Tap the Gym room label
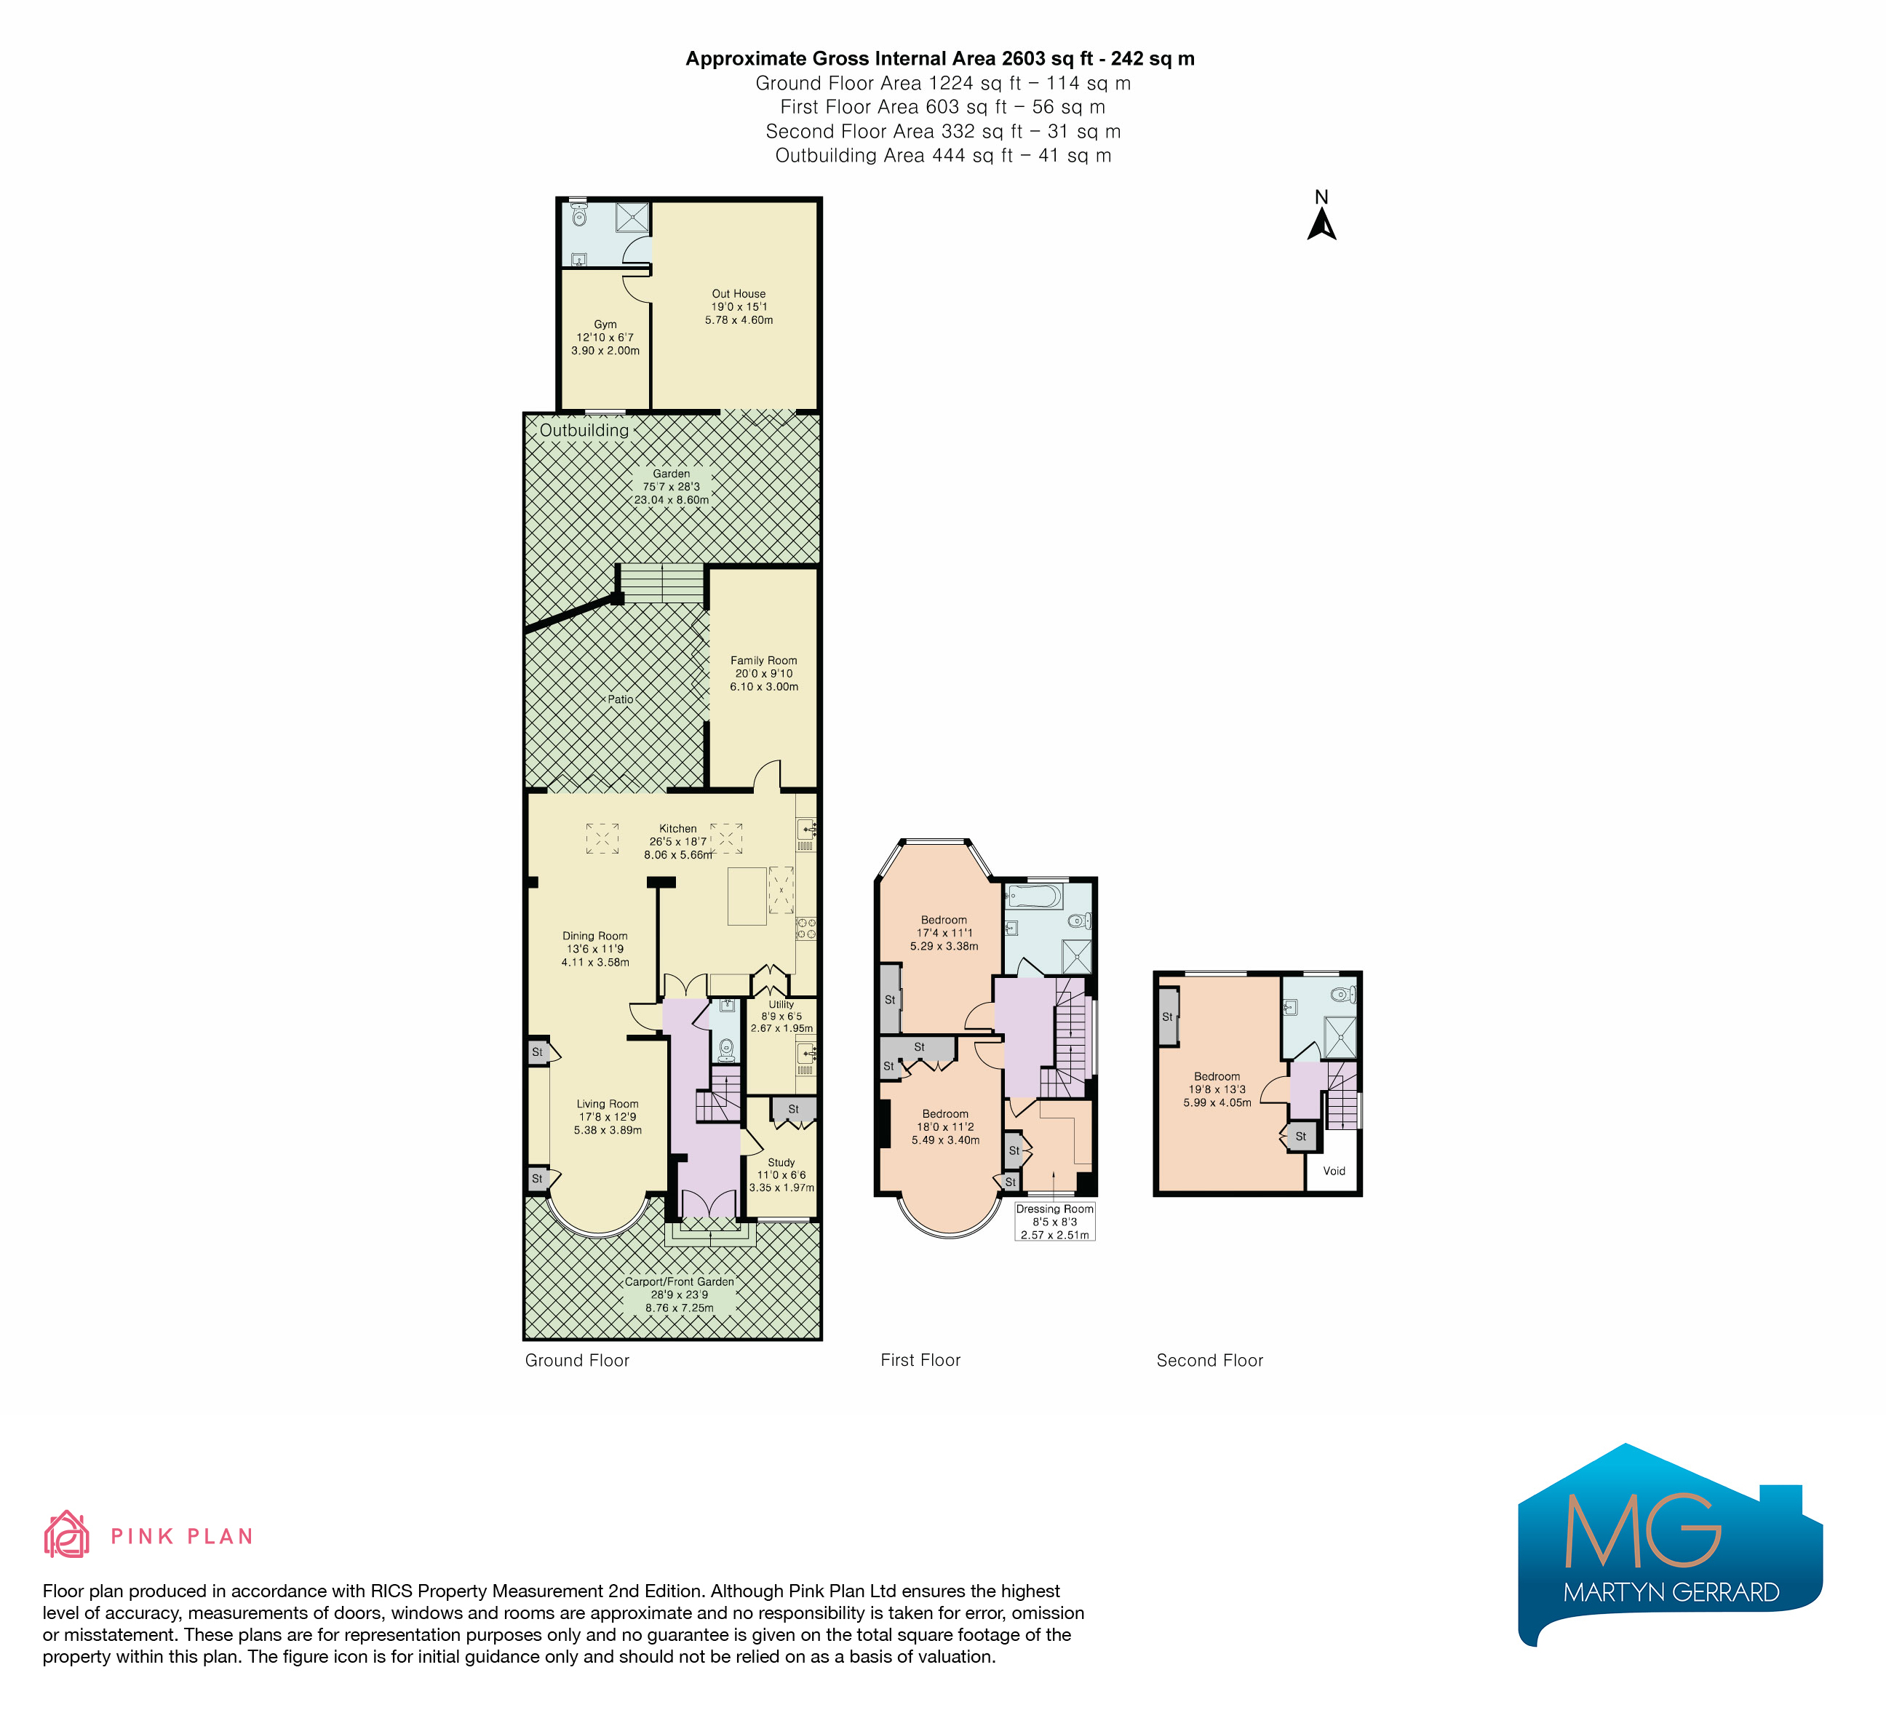(x=605, y=338)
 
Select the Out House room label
(x=739, y=307)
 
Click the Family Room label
(x=764, y=674)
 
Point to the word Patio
(x=620, y=699)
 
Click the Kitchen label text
(x=678, y=842)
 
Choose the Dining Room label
(x=595, y=949)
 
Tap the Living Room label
(x=608, y=1117)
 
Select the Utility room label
(x=782, y=1016)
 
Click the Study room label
(x=782, y=1175)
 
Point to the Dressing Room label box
(x=1055, y=1222)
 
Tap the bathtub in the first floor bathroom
(x=1035, y=897)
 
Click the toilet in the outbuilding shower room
(x=579, y=216)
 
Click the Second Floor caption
(x=1209, y=1360)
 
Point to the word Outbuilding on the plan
(x=585, y=430)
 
